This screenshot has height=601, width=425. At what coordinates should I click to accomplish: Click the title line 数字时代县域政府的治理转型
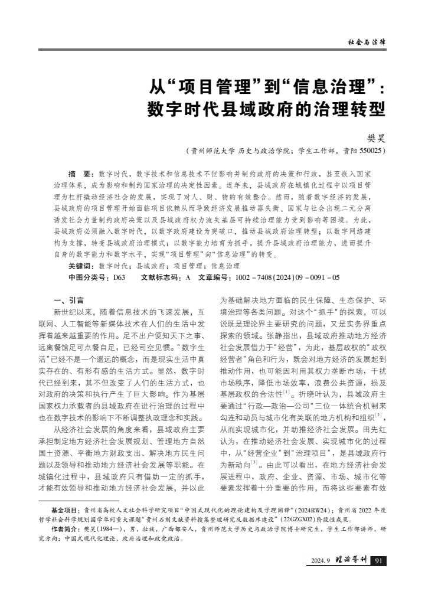266,110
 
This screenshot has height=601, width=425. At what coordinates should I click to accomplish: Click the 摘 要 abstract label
80,174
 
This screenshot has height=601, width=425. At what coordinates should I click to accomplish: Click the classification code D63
119,276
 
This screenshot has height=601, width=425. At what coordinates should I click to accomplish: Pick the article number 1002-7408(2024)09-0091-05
287,276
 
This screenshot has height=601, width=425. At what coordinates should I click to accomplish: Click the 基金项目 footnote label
65,509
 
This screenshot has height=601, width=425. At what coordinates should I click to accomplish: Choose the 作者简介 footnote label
65,530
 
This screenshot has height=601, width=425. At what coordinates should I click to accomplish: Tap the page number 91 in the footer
380,560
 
